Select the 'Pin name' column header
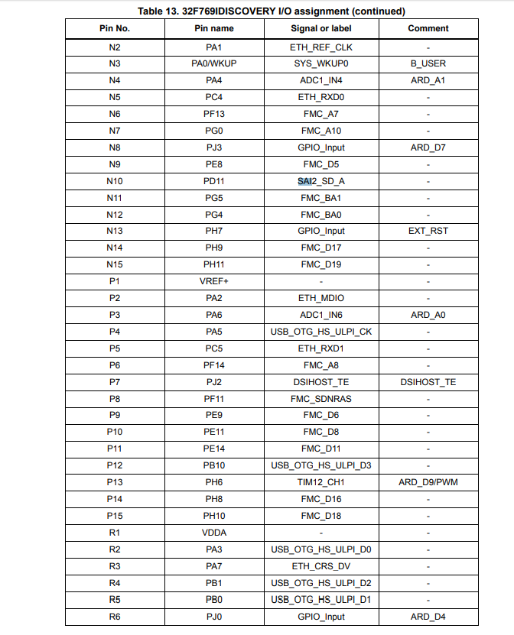[x=214, y=28]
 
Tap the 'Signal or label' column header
[x=321, y=28]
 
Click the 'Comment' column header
[x=428, y=28]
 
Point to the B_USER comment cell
[x=428, y=63]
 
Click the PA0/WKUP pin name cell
[x=214, y=63]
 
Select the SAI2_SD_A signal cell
[x=321, y=181]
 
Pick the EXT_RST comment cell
[x=428, y=231]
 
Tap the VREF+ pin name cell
[x=214, y=281]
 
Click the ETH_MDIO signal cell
[x=321, y=298]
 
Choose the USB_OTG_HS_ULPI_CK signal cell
[x=321, y=332]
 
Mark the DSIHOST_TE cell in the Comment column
[x=428, y=382]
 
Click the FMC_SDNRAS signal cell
[x=321, y=399]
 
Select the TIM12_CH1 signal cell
[x=321, y=482]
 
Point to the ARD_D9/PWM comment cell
[x=428, y=482]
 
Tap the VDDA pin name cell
[x=214, y=533]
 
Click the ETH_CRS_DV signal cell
[x=321, y=566]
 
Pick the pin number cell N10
[x=115, y=181]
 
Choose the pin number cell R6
[x=115, y=617]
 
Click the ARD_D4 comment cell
[x=428, y=617]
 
